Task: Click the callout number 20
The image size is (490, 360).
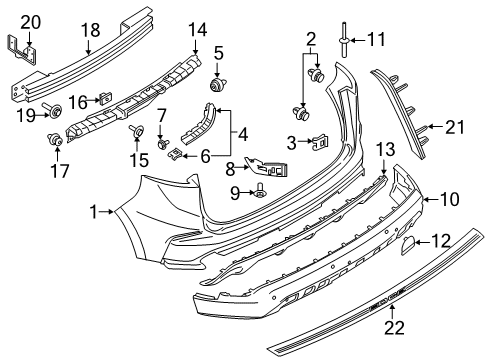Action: click(x=31, y=21)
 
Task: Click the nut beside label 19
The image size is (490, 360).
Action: click(x=55, y=108)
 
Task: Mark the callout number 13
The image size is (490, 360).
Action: click(x=385, y=149)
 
